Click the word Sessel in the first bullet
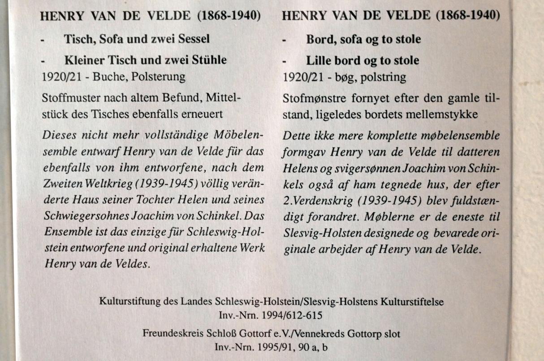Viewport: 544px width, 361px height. tap(192, 39)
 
